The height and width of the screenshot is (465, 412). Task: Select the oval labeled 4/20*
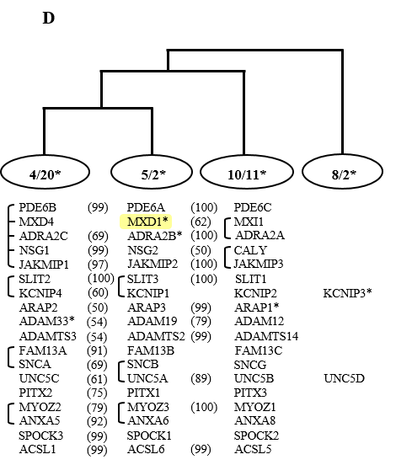pyautogui.click(x=45, y=172)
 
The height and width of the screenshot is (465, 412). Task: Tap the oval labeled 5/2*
pyautogui.click(x=152, y=172)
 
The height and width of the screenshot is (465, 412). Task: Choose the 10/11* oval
pyautogui.click(x=247, y=172)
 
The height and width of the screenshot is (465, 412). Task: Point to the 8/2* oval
pyautogui.click(x=343, y=172)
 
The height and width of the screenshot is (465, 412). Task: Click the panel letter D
pyautogui.click(x=49, y=18)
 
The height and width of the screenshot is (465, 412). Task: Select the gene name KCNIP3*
pyautogui.click(x=347, y=293)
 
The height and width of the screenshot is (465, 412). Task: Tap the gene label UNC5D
pyautogui.click(x=344, y=378)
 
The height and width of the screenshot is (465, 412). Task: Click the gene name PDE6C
pyautogui.click(x=253, y=207)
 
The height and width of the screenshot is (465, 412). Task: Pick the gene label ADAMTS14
pyautogui.click(x=266, y=336)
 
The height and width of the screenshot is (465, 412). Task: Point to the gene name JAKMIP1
pyautogui.click(x=44, y=265)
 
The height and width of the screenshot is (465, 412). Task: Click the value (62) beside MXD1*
pyautogui.click(x=201, y=222)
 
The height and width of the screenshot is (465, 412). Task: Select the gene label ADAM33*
pyautogui.click(x=47, y=321)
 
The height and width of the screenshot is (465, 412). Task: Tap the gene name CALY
pyautogui.click(x=250, y=250)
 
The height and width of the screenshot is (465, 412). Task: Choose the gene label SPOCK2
pyautogui.click(x=256, y=436)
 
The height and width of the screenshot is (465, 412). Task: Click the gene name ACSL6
pyautogui.click(x=146, y=449)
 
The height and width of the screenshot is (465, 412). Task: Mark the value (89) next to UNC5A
pyautogui.click(x=201, y=378)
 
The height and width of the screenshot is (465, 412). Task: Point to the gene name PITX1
pyautogui.click(x=143, y=393)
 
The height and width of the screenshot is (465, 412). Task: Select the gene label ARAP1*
pyautogui.click(x=257, y=307)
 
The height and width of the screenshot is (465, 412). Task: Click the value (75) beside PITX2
pyautogui.click(x=97, y=393)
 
